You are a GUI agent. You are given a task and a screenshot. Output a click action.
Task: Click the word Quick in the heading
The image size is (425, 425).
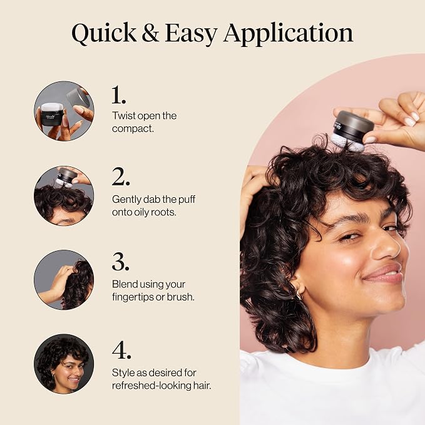tap(104, 33)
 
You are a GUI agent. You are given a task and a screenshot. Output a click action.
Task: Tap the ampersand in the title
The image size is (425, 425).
tap(150, 33)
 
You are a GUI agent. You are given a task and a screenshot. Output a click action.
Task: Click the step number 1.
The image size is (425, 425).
tap(118, 95)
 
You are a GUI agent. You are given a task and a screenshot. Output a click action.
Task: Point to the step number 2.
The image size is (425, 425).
tap(121, 176)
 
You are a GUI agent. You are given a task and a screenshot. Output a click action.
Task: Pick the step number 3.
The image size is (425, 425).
tap(121, 262)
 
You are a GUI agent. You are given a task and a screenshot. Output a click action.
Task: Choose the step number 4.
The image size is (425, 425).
tap(121, 350)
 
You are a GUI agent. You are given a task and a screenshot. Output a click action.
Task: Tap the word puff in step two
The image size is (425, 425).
tap(187, 200)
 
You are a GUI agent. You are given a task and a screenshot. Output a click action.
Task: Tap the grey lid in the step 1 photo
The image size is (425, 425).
tap(78, 97)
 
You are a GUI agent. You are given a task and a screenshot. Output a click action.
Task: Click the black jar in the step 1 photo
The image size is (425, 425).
tap(52, 115)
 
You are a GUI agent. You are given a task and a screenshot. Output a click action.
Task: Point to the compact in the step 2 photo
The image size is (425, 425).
tap(66, 176)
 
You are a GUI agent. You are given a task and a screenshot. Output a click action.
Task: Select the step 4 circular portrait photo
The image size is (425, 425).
tap(64, 364)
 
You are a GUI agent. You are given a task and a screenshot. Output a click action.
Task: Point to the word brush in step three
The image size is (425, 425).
tap(180, 297)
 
